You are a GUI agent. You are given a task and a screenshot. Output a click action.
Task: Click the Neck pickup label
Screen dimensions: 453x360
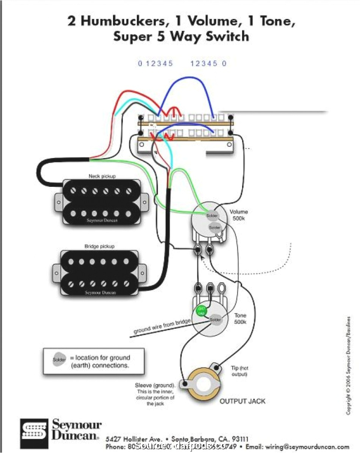click(102, 176)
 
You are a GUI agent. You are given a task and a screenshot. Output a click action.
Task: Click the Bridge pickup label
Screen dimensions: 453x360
click(99, 246)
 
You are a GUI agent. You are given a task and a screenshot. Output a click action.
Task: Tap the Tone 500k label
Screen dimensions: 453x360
click(240, 318)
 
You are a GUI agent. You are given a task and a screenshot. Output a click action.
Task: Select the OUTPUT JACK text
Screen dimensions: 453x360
click(243, 401)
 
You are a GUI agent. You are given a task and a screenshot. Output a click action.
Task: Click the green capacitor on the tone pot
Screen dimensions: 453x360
click(201, 311)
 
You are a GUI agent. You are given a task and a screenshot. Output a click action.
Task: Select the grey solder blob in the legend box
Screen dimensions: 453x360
click(59, 360)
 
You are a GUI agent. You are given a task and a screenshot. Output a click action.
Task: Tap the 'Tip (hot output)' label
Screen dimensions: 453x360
click(239, 371)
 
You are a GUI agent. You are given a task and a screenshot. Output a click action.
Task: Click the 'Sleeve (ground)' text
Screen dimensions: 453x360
click(155, 385)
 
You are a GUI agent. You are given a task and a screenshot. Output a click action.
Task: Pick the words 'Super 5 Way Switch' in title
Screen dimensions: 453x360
click(181, 37)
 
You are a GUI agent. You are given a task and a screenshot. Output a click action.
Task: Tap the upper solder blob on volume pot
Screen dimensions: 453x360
click(212, 216)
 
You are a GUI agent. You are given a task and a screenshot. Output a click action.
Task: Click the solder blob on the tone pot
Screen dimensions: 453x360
click(215, 319)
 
